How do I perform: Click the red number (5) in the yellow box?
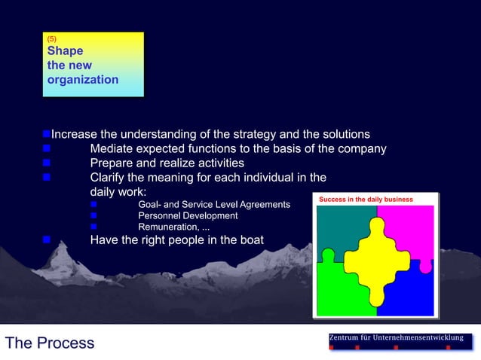pyautogui.click(x=51, y=38)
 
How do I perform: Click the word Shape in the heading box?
pyautogui.click(x=65, y=51)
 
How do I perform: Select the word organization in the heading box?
pyautogui.click(x=82, y=79)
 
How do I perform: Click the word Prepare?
pyautogui.click(x=114, y=163)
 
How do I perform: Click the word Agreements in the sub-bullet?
pyautogui.click(x=264, y=205)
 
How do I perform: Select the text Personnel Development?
pyautogui.click(x=188, y=216)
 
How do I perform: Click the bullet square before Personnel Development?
pyautogui.click(x=93, y=216)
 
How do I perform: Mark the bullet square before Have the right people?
pyautogui.click(x=46, y=241)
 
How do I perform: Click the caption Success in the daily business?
pyautogui.click(x=366, y=200)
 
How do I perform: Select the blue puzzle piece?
pyautogui.click(x=411, y=294)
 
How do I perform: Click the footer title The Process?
pyautogui.click(x=50, y=343)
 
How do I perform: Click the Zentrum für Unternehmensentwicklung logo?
pyautogui.click(x=400, y=341)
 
